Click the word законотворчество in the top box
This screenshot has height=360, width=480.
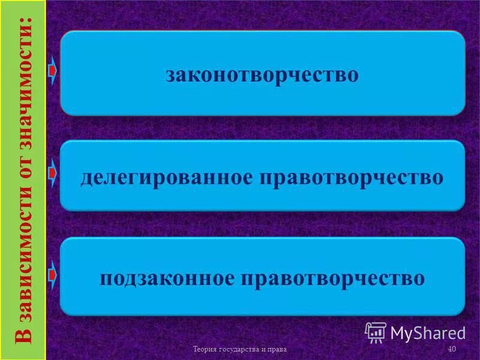coord(262,76)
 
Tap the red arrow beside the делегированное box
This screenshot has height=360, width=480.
coord(53,174)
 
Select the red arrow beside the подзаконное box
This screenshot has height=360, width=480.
coord(53,275)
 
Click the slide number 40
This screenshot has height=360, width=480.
coord(452,349)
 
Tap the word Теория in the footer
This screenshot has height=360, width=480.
coord(204,349)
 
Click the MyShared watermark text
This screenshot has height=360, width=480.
coord(428,332)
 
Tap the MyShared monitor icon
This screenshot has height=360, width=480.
coord(375,331)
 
